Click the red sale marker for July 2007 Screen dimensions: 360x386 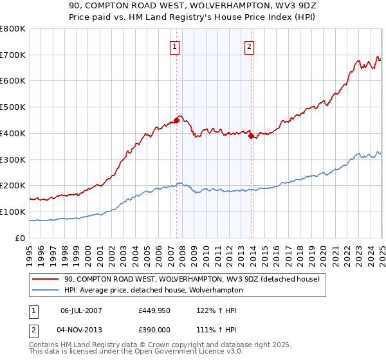coord(176,120)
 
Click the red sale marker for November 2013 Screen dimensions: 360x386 coord(251,135)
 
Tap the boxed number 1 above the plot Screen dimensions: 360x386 coord(175,46)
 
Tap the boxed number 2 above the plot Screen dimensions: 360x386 coord(249,46)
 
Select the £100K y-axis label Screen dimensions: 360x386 coord(13,212)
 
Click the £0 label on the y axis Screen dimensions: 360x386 coord(21,238)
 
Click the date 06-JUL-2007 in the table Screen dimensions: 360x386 coord(81,310)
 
